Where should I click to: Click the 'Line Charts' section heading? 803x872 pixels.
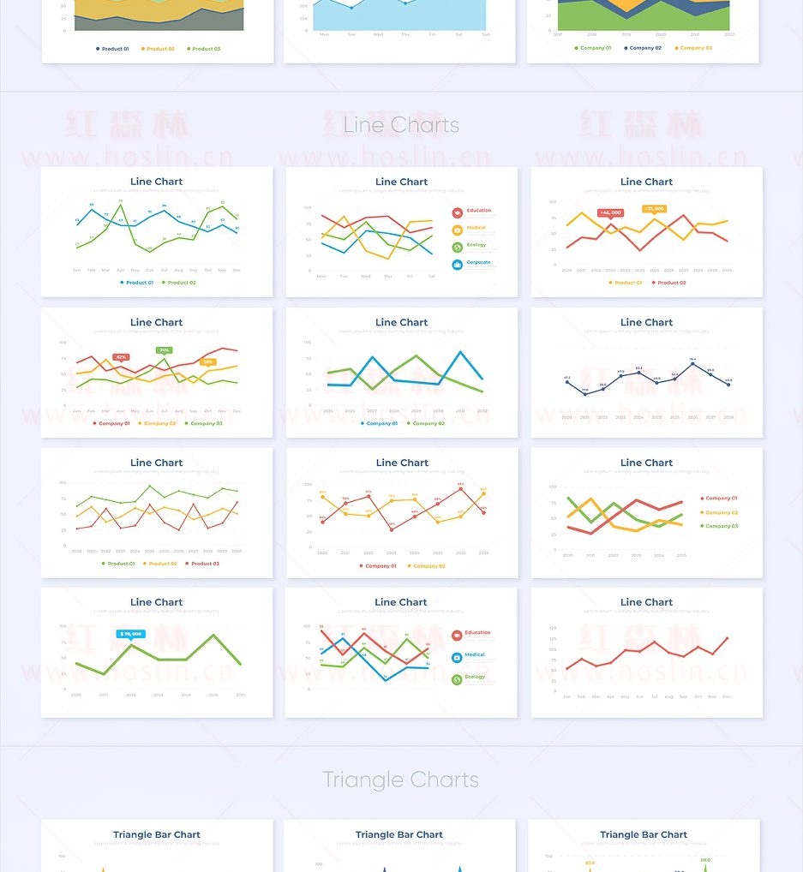(x=401, y=125)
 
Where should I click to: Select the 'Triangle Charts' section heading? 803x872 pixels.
(x=400, y=779)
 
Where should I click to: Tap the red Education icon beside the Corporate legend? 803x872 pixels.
(x=458, y=212)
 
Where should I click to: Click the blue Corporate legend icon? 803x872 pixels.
(x=458, y=265)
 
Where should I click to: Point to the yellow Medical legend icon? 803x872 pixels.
(x=458, y=230)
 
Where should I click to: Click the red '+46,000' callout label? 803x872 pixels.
(x=610, y=212)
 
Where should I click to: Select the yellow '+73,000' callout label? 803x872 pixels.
(x=654, y=208)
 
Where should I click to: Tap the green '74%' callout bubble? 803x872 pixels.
(x=164, y=349)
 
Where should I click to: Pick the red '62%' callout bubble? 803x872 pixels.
(x=121, y=356)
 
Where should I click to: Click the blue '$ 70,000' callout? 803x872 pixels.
(x=131, y=634)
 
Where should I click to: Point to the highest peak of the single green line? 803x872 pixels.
(x=213, y=635)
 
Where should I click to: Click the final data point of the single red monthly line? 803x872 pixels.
(x=728, y=637)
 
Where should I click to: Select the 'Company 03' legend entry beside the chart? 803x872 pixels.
(x=720, y=526)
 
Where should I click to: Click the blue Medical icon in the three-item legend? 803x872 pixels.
(x=458, y=658)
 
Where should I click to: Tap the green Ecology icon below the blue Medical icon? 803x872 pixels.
(x=458, y=679)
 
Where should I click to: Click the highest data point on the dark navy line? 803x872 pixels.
(x=692, y=364)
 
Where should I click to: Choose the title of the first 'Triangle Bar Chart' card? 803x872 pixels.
(x=157, y=834)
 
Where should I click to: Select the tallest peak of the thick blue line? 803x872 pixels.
(x=461, y=352)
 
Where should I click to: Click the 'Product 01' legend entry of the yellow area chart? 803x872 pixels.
(x=112, y=49)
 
